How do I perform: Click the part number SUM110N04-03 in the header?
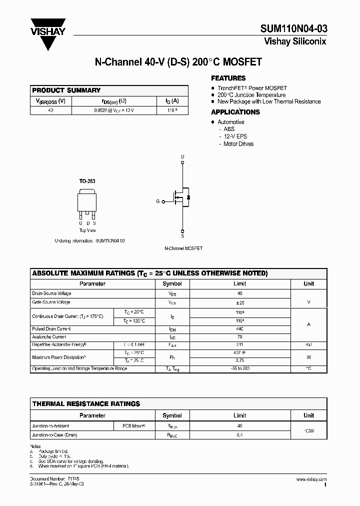point(293,28)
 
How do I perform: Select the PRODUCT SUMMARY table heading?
point(66,90)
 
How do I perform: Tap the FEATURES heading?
point(228,78)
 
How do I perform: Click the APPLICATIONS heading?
point(235,112)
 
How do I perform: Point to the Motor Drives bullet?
point(238,144)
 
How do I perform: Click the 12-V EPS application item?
point(234,136)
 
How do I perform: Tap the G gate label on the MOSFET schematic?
point(158,201)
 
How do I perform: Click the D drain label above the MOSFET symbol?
point(182,157)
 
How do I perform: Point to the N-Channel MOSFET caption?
point(183,248)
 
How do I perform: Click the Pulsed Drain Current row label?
point(51,329)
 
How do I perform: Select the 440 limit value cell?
point(239,329)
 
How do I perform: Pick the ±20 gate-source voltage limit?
point(239,302)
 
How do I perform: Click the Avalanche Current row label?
point(49,337)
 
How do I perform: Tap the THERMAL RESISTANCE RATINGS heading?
point(86,403)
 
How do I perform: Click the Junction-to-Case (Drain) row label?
point(54,435)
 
